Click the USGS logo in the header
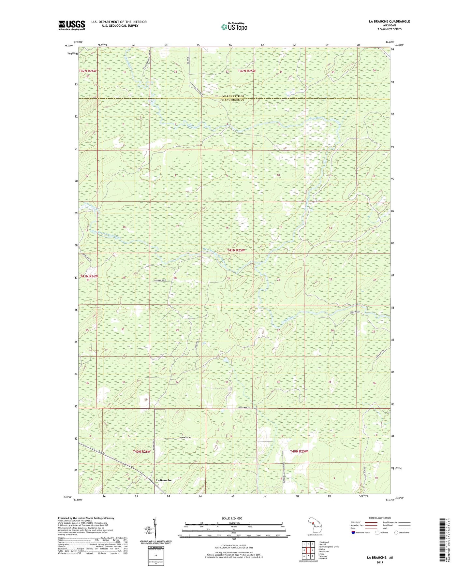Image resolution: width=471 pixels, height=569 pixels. [72, 25]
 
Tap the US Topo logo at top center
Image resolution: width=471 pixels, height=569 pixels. [234, 27]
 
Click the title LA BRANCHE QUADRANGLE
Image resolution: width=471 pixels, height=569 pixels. [389, 22]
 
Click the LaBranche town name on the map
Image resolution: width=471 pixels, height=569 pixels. [164, 480]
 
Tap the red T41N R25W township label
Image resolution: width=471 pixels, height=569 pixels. [236, 250]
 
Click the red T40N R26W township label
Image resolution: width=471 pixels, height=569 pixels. [142, 452]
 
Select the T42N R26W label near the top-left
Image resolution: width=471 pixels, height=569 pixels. [88, 71]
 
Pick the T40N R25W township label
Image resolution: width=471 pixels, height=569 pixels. [299, 451]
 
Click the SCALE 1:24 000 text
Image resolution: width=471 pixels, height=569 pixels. [232, 518]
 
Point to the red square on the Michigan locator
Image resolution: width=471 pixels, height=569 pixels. [313, 524]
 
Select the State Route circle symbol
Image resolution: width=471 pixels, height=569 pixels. [396, 533]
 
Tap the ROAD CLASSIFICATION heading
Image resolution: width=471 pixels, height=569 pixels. [380, 518]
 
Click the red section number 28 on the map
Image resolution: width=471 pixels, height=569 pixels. [227, 330]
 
